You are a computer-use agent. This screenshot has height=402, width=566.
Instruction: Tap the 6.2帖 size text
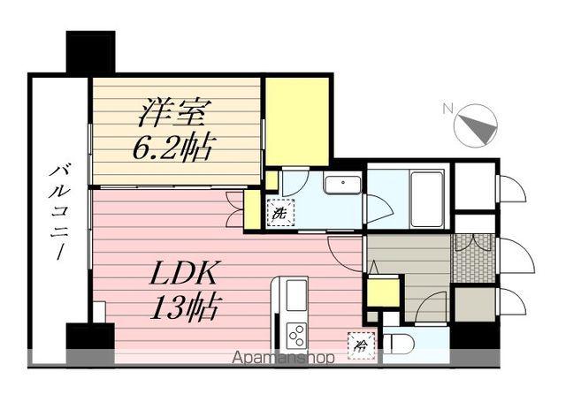(x=173, y=147)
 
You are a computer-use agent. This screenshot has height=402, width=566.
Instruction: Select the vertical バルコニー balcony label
(x=58, y=213)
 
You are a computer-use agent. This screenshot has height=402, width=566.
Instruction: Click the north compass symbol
(x=476, y=125)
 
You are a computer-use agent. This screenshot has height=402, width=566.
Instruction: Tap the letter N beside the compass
(x=447, y=110)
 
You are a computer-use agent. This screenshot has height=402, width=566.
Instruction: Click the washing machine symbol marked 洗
(x=279, y=213)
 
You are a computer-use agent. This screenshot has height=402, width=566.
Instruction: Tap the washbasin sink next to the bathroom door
(x=341, y=186)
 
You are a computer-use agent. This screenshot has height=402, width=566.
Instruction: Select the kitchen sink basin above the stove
(x=295, y=294)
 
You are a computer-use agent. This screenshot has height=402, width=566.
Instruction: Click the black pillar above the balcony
(x=91, y=52)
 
